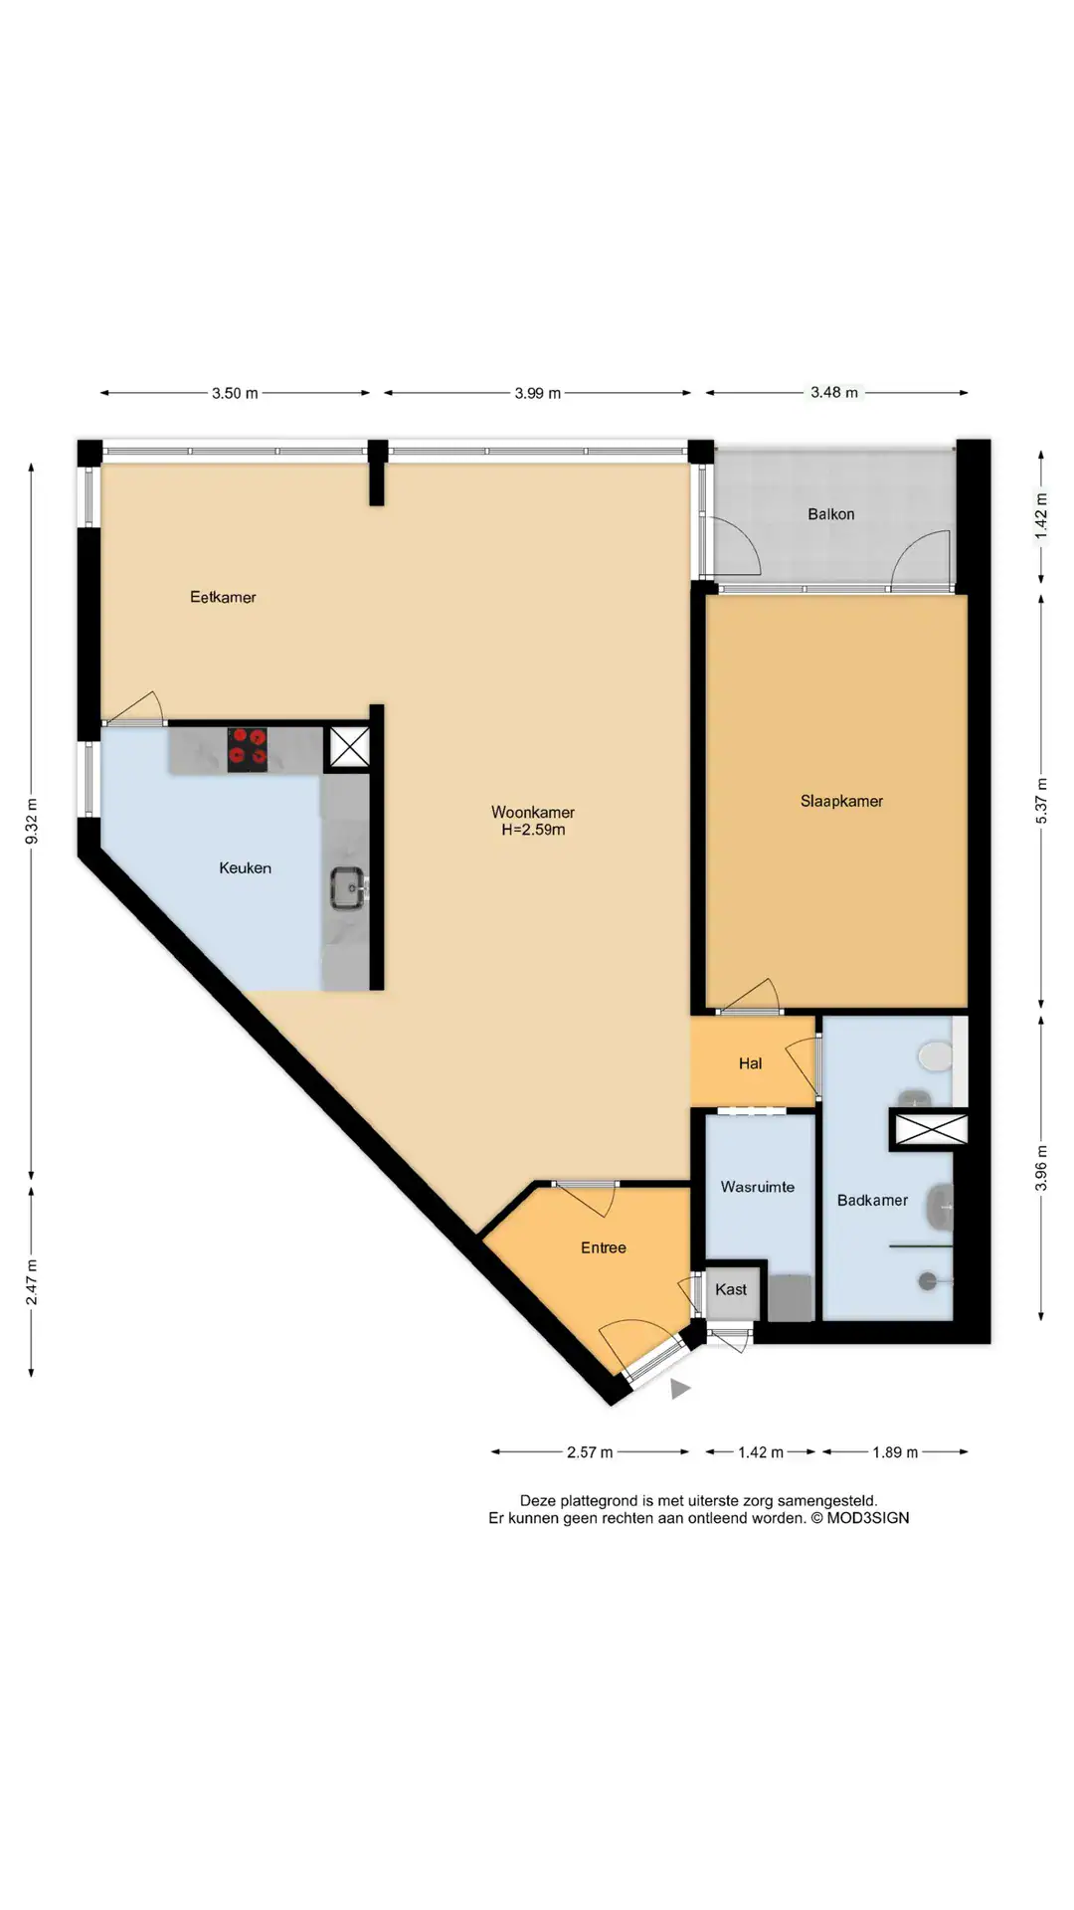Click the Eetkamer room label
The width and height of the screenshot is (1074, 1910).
click(x=223, y=597)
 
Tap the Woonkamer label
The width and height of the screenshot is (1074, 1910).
click(x=533, y=812)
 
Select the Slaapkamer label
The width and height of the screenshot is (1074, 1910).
click(x=841, y=801)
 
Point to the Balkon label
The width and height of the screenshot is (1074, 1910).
click(x=831, y=514)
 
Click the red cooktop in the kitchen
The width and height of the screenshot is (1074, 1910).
click(x=248, y=749)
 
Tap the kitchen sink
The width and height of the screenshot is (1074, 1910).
click(x=348, y=887)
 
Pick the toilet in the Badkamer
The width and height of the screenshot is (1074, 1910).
click(x=935, y=1056)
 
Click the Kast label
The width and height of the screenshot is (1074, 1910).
click(x=731, y=1289)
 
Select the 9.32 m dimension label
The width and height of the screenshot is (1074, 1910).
click(x=32, y=822)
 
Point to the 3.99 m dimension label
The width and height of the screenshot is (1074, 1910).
click(x=538, y=393)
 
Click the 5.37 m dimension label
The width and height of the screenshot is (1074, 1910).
click(x=1041, y=801)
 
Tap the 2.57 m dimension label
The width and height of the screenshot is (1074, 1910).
click(x=590, y=1452)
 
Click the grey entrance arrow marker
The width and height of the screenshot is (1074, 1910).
click(x=680, y=1389)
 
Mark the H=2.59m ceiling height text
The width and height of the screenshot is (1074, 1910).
click(x=533, y=830)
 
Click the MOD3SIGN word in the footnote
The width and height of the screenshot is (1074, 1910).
click(x=868, y=1518)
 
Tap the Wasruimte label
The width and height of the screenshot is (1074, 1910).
click(x=758, y=1187)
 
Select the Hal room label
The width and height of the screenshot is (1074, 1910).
click(x=750, y=1063)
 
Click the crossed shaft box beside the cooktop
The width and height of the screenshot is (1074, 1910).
click(x=349, y=747)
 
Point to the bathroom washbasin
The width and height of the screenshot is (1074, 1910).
click(x=939, y=1207)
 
